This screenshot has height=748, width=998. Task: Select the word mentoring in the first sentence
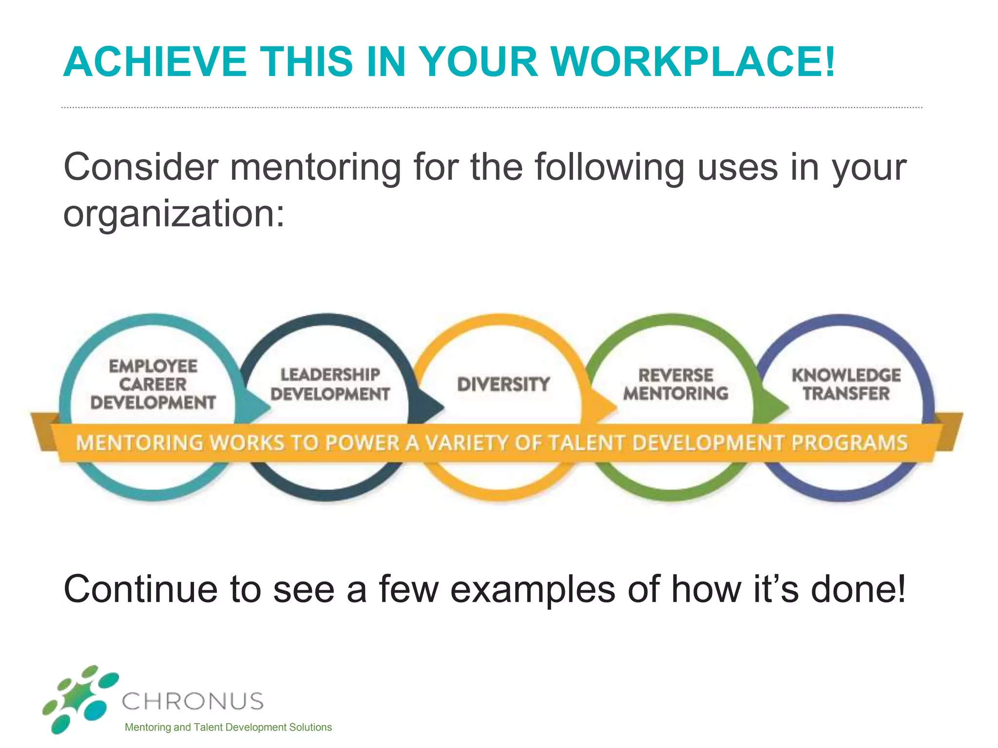[315, 168]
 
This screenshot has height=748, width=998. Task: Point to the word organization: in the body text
[174, 214]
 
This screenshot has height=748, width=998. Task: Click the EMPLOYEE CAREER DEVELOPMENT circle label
[153, 385]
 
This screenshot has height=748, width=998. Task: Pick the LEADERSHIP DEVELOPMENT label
[330, 385]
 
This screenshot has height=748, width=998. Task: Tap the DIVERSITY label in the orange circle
[503, 385]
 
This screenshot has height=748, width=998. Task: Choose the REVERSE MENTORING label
[675, 385]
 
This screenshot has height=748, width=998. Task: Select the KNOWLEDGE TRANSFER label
[846, 385]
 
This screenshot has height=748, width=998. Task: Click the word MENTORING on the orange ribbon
[139, 443]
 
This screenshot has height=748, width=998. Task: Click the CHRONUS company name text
[193, 701]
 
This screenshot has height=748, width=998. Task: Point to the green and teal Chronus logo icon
[80, 699]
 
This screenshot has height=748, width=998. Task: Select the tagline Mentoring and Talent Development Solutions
[228, 728]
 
